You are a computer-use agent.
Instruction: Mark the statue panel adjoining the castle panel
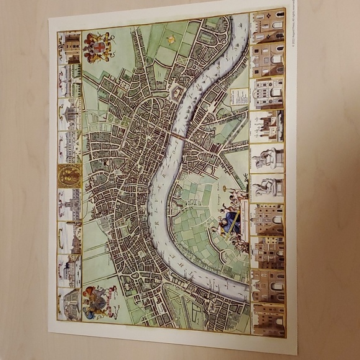(x=268, y=158)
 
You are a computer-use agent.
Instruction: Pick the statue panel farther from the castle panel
(x=268, y=187)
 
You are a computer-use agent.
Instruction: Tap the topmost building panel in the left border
(x=70, y=47)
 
